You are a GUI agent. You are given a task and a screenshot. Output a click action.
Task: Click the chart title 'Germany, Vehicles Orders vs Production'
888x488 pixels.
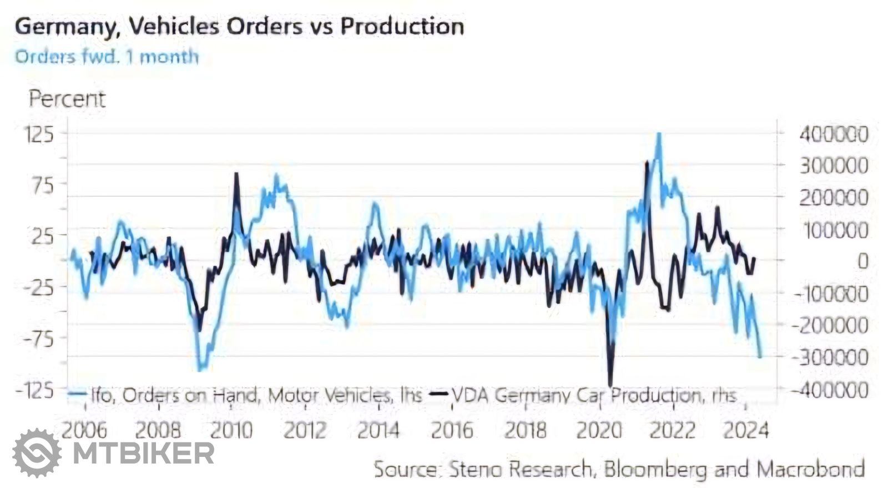tap(239, 27)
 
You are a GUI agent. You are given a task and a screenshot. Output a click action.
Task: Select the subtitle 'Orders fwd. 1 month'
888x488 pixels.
tap(107, 57)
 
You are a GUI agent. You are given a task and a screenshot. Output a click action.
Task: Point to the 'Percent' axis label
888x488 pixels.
tap(67, 99)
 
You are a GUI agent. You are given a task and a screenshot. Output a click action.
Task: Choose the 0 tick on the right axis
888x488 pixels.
tap(862, 261)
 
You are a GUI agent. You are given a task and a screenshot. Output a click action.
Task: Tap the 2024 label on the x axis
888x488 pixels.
tap(746, 430)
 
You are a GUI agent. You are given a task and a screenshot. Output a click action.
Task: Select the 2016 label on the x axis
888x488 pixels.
tap(452, 430)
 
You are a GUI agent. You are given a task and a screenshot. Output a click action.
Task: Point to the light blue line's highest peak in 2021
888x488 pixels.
tap(659, 134)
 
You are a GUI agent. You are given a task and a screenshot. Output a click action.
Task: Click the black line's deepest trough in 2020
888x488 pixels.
tap(610, 385)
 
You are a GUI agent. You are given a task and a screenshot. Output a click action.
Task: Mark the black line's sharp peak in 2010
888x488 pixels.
tap(236, 174)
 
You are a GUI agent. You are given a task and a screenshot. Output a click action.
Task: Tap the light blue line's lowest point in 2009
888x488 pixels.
tap(201, 369)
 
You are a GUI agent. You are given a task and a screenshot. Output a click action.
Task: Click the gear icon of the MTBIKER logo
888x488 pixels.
tap(37, 453)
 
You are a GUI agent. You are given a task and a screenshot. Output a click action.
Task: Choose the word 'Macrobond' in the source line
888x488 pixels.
tap(811, 469)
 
